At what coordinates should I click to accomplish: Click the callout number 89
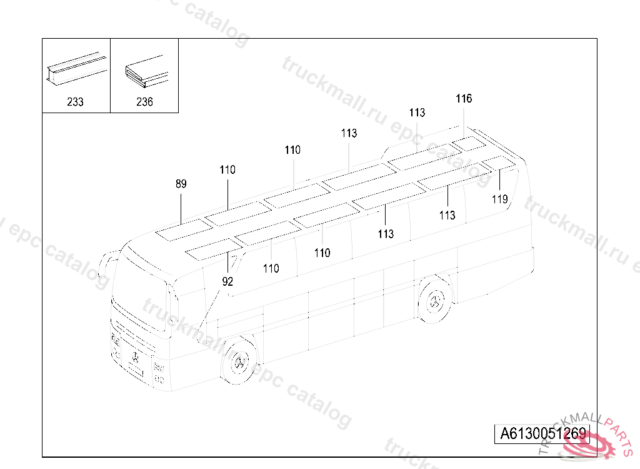[181, 184]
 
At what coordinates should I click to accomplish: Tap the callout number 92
[227, 282]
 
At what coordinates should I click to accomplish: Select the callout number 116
[464, 99]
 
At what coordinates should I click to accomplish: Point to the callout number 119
[499, 200]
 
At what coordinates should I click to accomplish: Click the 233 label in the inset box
[75, 102]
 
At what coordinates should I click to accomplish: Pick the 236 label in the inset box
[144, 102]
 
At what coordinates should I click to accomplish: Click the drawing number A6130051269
[542, 434]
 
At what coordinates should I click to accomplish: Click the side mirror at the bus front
[107, 266]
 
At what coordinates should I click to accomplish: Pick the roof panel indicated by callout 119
[499, 164]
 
